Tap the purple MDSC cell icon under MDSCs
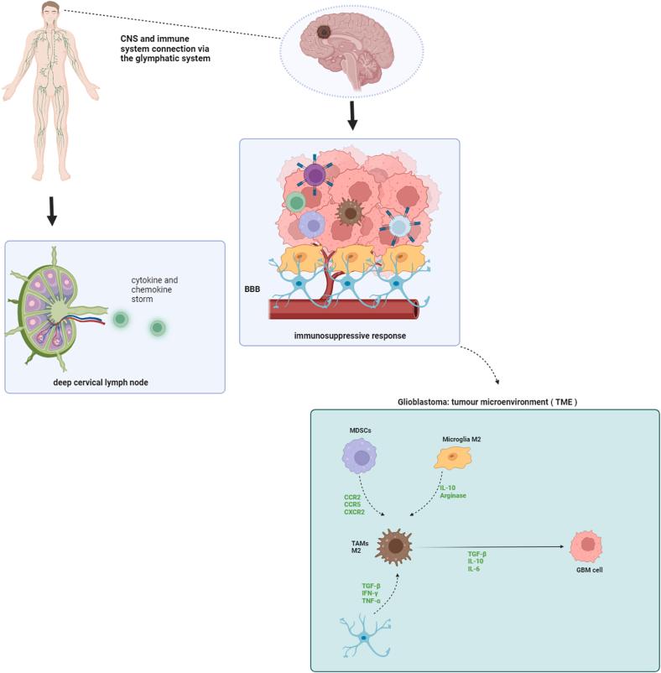click(362, 459)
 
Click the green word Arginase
click(452, 496)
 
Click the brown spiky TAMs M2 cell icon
click(393, 548)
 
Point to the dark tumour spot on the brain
click(324, 33)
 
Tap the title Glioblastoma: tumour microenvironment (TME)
click(487, 403)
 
